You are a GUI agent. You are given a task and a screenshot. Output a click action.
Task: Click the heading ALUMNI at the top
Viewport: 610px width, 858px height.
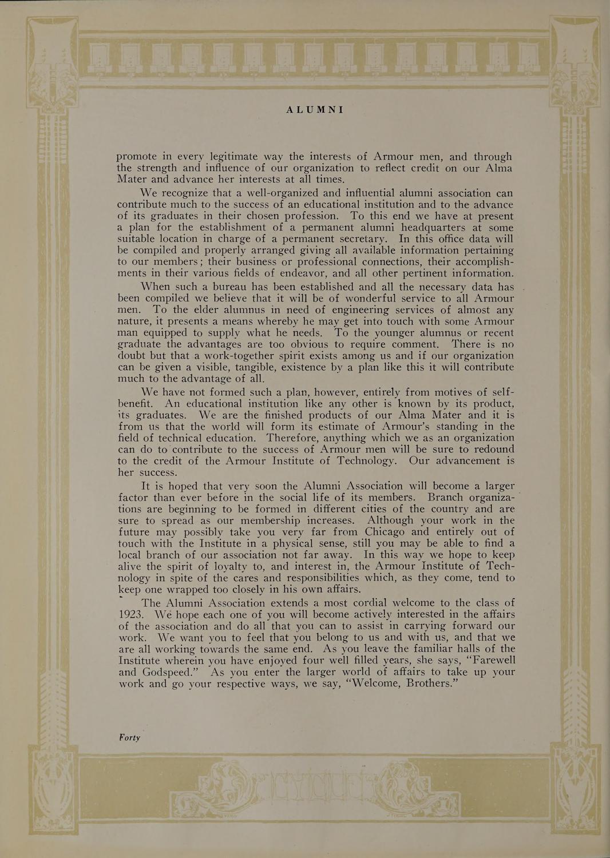coord(314,109)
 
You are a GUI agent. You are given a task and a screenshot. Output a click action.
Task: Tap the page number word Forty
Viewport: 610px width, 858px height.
coord(129,737)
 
